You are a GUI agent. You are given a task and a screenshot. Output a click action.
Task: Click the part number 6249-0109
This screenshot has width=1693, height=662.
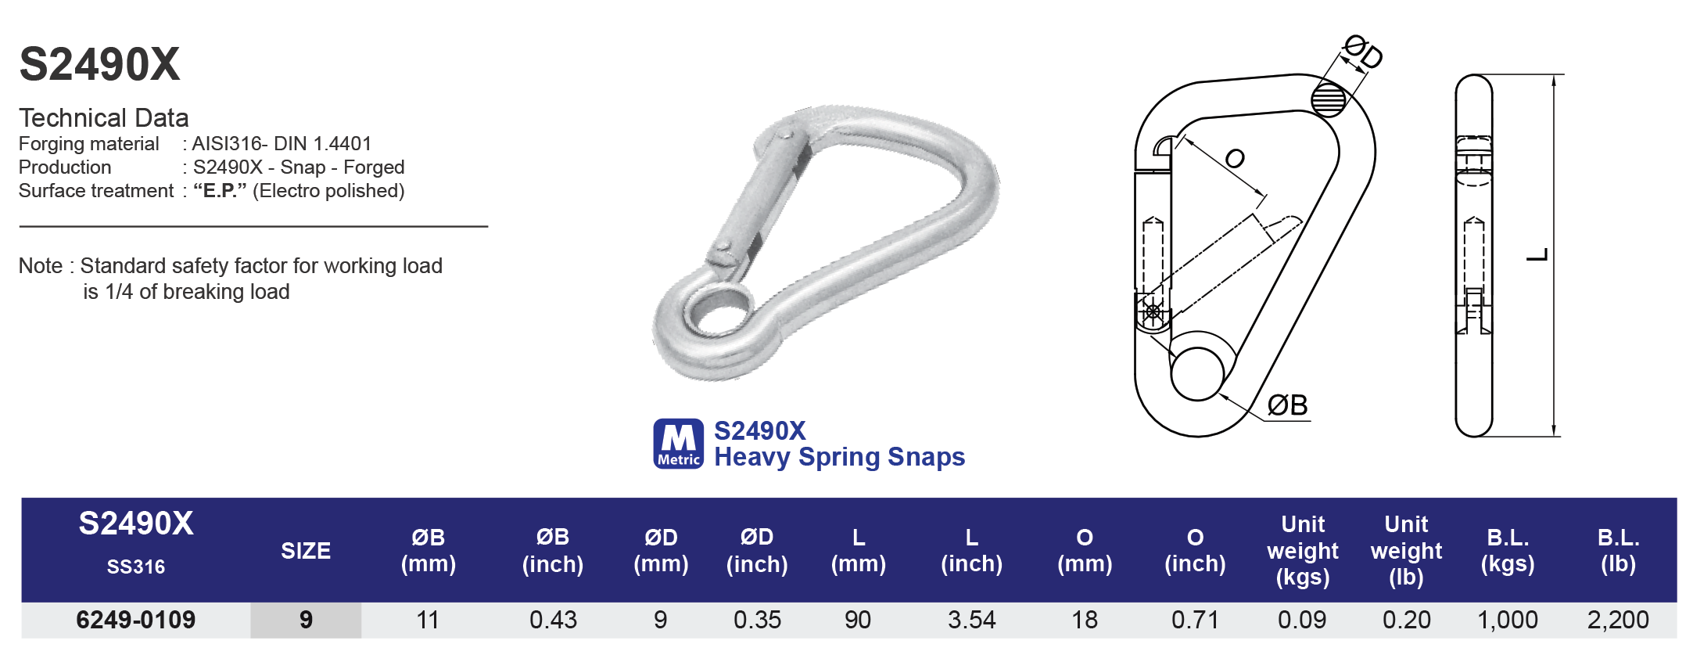coord(135,620)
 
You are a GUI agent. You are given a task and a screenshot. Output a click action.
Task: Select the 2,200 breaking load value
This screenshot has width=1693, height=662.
coord(1617,620)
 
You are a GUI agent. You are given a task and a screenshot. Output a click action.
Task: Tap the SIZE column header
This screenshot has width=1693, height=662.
coord(306,551)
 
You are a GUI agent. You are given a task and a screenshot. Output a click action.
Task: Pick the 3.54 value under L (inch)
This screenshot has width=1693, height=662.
coord(971,620)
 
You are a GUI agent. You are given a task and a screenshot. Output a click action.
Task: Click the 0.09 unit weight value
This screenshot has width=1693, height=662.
coord(1302,620)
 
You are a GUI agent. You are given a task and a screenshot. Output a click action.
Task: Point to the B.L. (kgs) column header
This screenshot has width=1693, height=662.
coord(1507,550)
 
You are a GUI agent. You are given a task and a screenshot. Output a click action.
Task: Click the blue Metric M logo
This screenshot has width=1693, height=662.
coord(678,444)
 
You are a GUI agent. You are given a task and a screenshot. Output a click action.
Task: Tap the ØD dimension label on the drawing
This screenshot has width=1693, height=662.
coord(1363,52)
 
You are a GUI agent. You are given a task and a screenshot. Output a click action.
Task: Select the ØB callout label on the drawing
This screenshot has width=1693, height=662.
coord(1287,405)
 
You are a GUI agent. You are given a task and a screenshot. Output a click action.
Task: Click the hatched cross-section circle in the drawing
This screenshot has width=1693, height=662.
coord(1328,99)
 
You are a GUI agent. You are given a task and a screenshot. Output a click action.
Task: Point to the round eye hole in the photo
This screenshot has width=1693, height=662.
coord(718,311)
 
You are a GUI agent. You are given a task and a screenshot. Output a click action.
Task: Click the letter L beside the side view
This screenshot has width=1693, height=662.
coord(1537,255)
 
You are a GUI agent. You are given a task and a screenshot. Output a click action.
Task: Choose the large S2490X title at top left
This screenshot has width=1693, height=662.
coord(99,64)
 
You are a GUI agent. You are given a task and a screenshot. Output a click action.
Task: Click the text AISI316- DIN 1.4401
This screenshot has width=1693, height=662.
coord(282,144)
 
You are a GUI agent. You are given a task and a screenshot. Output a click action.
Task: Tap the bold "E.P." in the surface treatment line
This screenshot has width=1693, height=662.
coord(220,191)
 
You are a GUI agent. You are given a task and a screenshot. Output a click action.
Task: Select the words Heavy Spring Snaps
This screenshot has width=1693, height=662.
coord(839,457)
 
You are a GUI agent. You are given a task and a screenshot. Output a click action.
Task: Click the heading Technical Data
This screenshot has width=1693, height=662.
coord(103,118)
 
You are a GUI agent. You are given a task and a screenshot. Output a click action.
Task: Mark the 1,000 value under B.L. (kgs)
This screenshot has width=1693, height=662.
coord(1507,620)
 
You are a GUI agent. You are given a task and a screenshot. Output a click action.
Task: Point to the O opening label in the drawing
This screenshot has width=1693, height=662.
coord(1234,159)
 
